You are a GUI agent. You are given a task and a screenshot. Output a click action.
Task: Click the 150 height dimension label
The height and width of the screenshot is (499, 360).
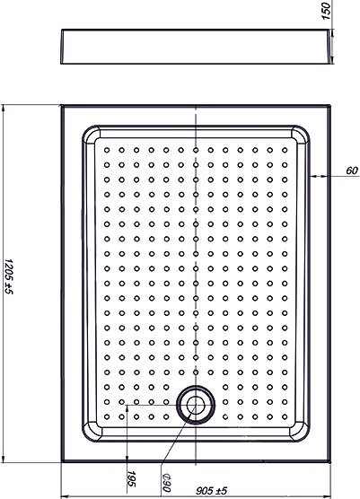click(327, 11)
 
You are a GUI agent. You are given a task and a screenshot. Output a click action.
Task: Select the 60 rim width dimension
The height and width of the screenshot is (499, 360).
click(352, 171)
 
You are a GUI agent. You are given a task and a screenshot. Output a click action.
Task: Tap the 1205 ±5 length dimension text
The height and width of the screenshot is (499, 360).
click(9, 281)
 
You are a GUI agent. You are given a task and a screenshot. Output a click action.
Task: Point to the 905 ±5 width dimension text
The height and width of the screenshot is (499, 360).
click(211, 491)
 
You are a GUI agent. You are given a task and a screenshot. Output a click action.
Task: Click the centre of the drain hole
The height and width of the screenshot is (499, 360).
click(196, 405)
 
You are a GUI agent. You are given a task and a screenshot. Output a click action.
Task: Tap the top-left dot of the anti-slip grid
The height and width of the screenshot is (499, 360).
click(107, 150)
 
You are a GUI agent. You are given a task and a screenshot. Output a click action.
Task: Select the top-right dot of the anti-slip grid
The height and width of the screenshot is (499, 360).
click(285, 150)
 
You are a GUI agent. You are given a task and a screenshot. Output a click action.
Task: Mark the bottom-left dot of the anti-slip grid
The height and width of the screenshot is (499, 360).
click(107, 416)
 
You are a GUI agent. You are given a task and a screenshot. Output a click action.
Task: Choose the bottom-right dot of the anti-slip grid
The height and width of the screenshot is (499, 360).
click(285, 416)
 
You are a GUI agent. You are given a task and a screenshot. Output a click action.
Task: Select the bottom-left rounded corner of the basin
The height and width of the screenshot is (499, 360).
click(87, 436)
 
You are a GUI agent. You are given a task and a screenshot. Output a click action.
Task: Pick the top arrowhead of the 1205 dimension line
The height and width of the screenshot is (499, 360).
click(4, 109)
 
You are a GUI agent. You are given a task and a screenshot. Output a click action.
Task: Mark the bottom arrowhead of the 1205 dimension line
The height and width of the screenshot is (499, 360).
click(4, 458)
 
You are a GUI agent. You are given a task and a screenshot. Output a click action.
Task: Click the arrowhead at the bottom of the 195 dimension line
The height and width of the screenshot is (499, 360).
click(127, 458)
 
